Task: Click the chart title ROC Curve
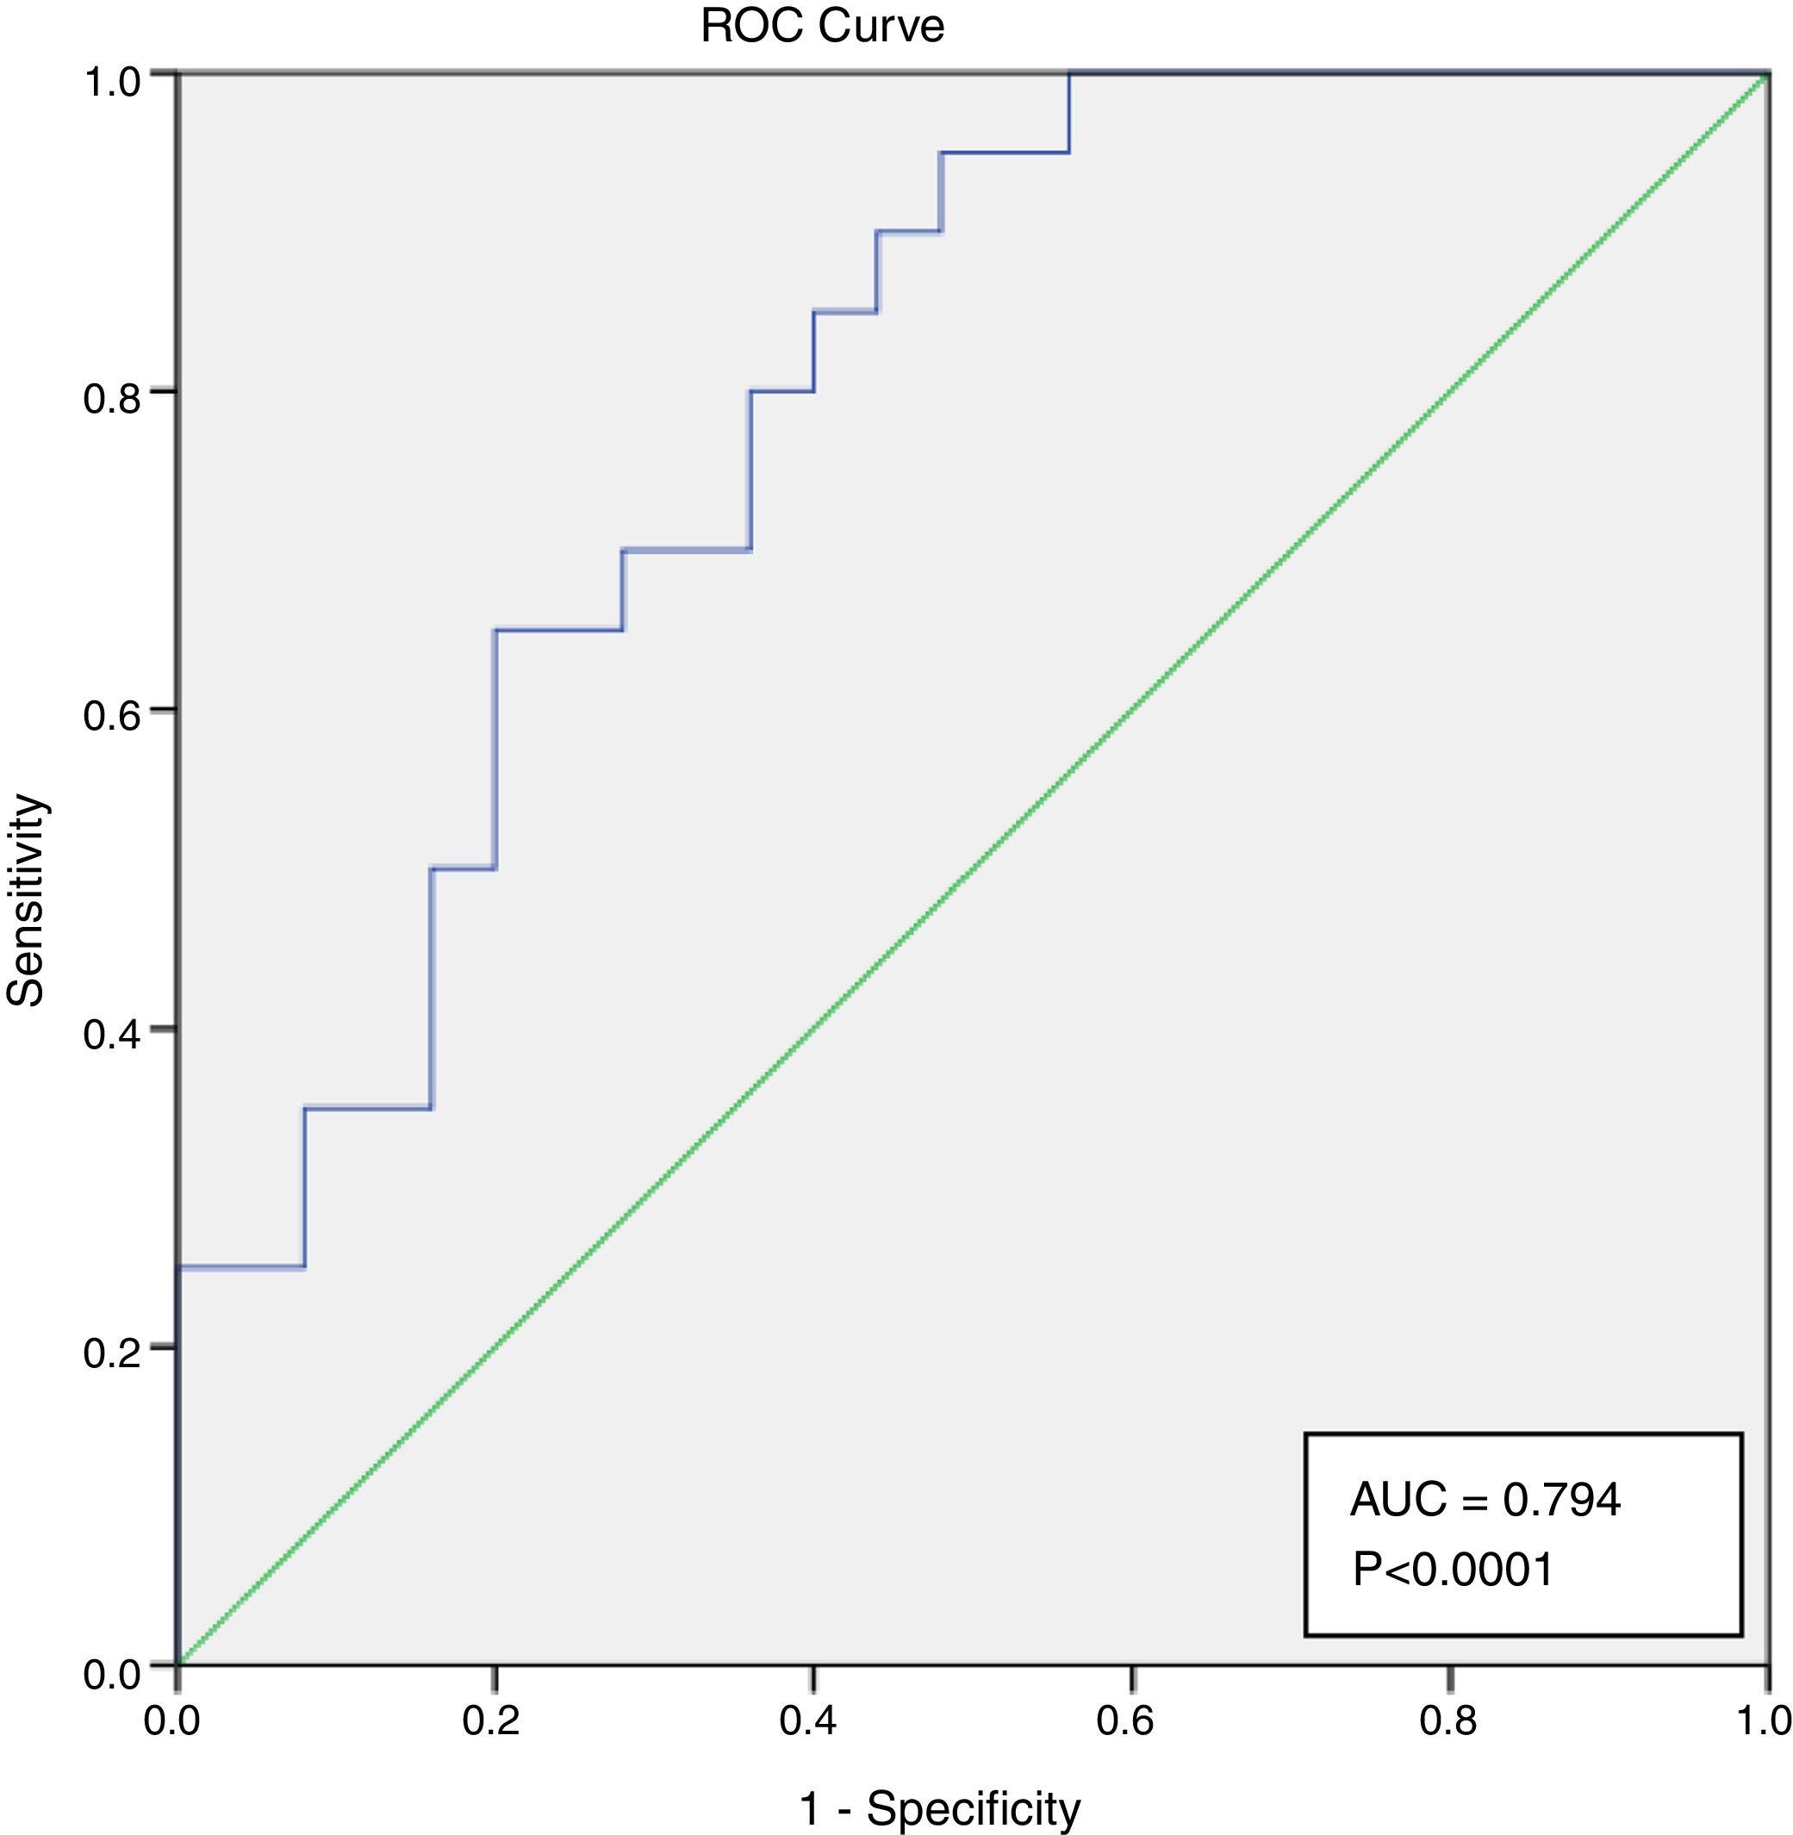pos(822,26)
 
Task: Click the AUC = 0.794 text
pos(1485,1500)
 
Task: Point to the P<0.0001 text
pos(1453,1570)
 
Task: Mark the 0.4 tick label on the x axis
pos(811,1721)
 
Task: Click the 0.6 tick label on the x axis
pos(1128,1721)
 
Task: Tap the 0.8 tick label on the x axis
pos(1447,1721)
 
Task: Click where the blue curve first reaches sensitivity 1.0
pos(1069,73)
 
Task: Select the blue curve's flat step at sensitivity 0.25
pos(241,1267)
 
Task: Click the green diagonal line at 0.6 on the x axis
pos(1132,710)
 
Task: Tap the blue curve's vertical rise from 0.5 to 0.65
pos(495,749)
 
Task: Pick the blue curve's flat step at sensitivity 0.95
pos(1004,152)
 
